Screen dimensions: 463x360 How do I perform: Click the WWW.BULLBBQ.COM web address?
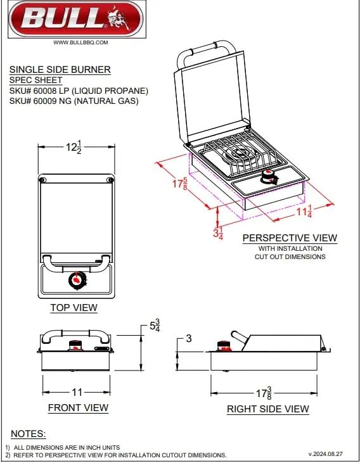coord(80,42)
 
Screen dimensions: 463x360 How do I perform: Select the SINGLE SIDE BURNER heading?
coord(60,70)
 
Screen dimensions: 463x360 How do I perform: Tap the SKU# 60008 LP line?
coord(79,91)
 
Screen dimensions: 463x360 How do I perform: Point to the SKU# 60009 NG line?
coord(74,101)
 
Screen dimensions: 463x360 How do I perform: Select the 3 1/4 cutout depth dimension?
coord(217,232)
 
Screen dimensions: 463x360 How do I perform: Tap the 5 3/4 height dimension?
coord(154,327)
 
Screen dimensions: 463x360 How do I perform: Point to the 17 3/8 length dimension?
coord(266,392)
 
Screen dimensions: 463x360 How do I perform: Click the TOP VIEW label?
coord(74,308)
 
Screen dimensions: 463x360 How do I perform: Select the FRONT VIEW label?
coord(78,408)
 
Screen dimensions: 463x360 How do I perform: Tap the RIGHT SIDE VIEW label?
coord(268,409)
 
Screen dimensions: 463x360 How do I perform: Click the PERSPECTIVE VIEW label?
coord(290,238)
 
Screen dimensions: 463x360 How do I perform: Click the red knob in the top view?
coord(77,279)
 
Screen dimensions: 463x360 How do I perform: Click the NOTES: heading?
coord(29,434)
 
